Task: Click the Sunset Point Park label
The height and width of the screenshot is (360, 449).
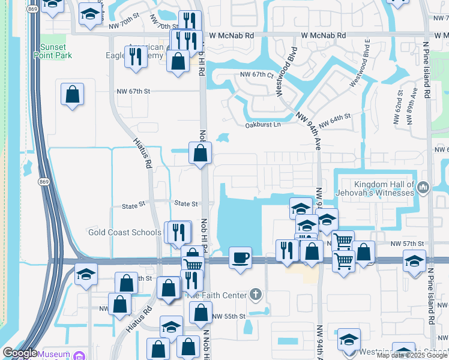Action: (x=56, y=52)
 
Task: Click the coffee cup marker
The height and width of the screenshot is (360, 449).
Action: (x=241, y=258)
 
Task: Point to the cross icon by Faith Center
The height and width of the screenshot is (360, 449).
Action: (x=256, y=294)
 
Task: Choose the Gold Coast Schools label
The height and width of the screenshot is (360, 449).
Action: (x=124, y=232)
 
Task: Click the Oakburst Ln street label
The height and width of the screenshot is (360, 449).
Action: (x=263, y=125)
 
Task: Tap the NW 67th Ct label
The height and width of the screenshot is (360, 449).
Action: (x=256, y=75)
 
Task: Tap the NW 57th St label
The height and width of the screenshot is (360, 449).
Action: (x=407, y=244)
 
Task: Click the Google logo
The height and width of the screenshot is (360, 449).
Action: (x=19, y=353)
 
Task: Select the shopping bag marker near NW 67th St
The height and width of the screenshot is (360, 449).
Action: (x=72, y=94)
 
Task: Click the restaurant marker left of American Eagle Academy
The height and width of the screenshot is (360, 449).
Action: (x=135, y=56)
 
